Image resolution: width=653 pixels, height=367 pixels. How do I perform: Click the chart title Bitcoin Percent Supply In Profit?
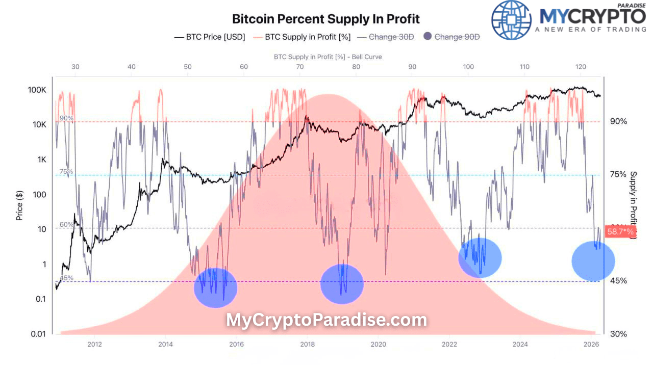pos(325,19)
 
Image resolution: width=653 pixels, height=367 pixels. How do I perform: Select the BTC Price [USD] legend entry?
pos(210,37)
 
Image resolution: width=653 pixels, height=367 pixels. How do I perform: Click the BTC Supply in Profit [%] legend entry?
pos(302,37)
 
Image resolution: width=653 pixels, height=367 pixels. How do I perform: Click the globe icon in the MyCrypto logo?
pos(511,20)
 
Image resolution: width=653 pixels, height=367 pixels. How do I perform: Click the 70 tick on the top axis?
pos(300,67)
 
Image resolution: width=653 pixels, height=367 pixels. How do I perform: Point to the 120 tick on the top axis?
pos(581,67)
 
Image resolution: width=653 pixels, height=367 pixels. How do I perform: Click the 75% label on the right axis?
pos(618,174)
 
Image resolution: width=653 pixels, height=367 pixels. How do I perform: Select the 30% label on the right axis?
pos(618,334)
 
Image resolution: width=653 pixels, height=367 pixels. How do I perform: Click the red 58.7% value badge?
pos(620,232)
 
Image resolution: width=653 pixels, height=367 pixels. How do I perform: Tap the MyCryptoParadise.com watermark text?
pos(326,320)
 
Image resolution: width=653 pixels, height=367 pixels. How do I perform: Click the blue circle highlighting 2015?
pos(216,288)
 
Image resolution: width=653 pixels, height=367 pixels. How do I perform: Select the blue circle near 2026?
pos(593,261)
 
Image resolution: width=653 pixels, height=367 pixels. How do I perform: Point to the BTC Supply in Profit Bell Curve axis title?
pos(328,57)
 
